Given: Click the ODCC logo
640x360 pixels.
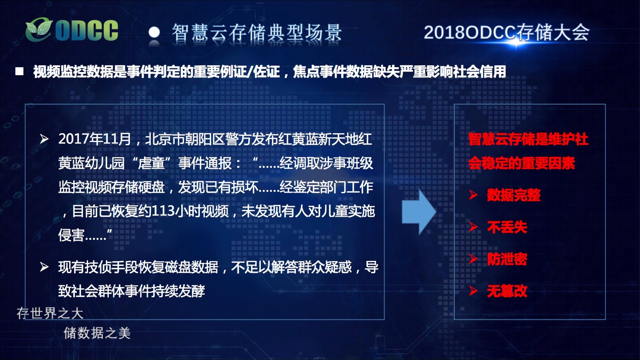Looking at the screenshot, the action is pos(72,30).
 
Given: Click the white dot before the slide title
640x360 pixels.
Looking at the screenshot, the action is pos(154,32).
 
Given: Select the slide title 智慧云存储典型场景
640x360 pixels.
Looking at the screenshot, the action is pos(257,33).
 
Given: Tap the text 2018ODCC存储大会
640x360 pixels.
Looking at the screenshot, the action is pos(506,32).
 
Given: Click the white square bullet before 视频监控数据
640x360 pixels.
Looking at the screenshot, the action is pos(20,72).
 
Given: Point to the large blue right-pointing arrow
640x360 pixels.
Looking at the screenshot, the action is pos(419,212).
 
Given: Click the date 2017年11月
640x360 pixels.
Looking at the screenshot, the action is pos(94,139).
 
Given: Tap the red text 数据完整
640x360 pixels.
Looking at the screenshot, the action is pos(514,196).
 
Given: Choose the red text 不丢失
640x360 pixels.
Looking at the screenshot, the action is pos(507,228).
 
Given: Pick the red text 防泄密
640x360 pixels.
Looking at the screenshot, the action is pos(507,260).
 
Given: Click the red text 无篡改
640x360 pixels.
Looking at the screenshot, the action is pos(507,292).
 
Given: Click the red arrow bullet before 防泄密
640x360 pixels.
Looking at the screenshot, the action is pos(474,259).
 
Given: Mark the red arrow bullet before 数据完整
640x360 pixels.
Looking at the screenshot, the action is pos(474,195).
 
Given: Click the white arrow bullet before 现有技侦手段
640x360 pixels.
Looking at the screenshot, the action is pos(44,267).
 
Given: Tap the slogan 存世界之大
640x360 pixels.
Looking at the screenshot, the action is pos(50,314).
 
